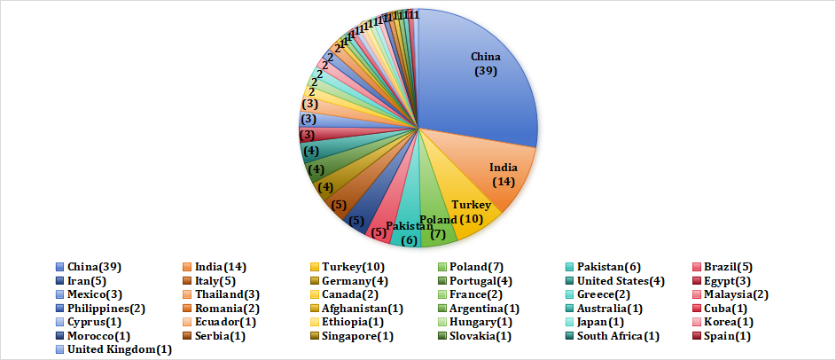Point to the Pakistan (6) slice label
pyautogui.click(x=408, y=233)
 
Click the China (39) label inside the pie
pyautogui.click(x=486, y=64)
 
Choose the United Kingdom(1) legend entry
pyautogui.click(x=119, y=349)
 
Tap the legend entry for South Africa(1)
pyautogui.click(x=617, y=335)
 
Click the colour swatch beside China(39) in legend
pyautogui.click(x=59, y=267)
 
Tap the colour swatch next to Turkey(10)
pyautogui.click(x=315, y=267)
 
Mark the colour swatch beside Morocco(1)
pyautogui.click(x=59, y=335)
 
